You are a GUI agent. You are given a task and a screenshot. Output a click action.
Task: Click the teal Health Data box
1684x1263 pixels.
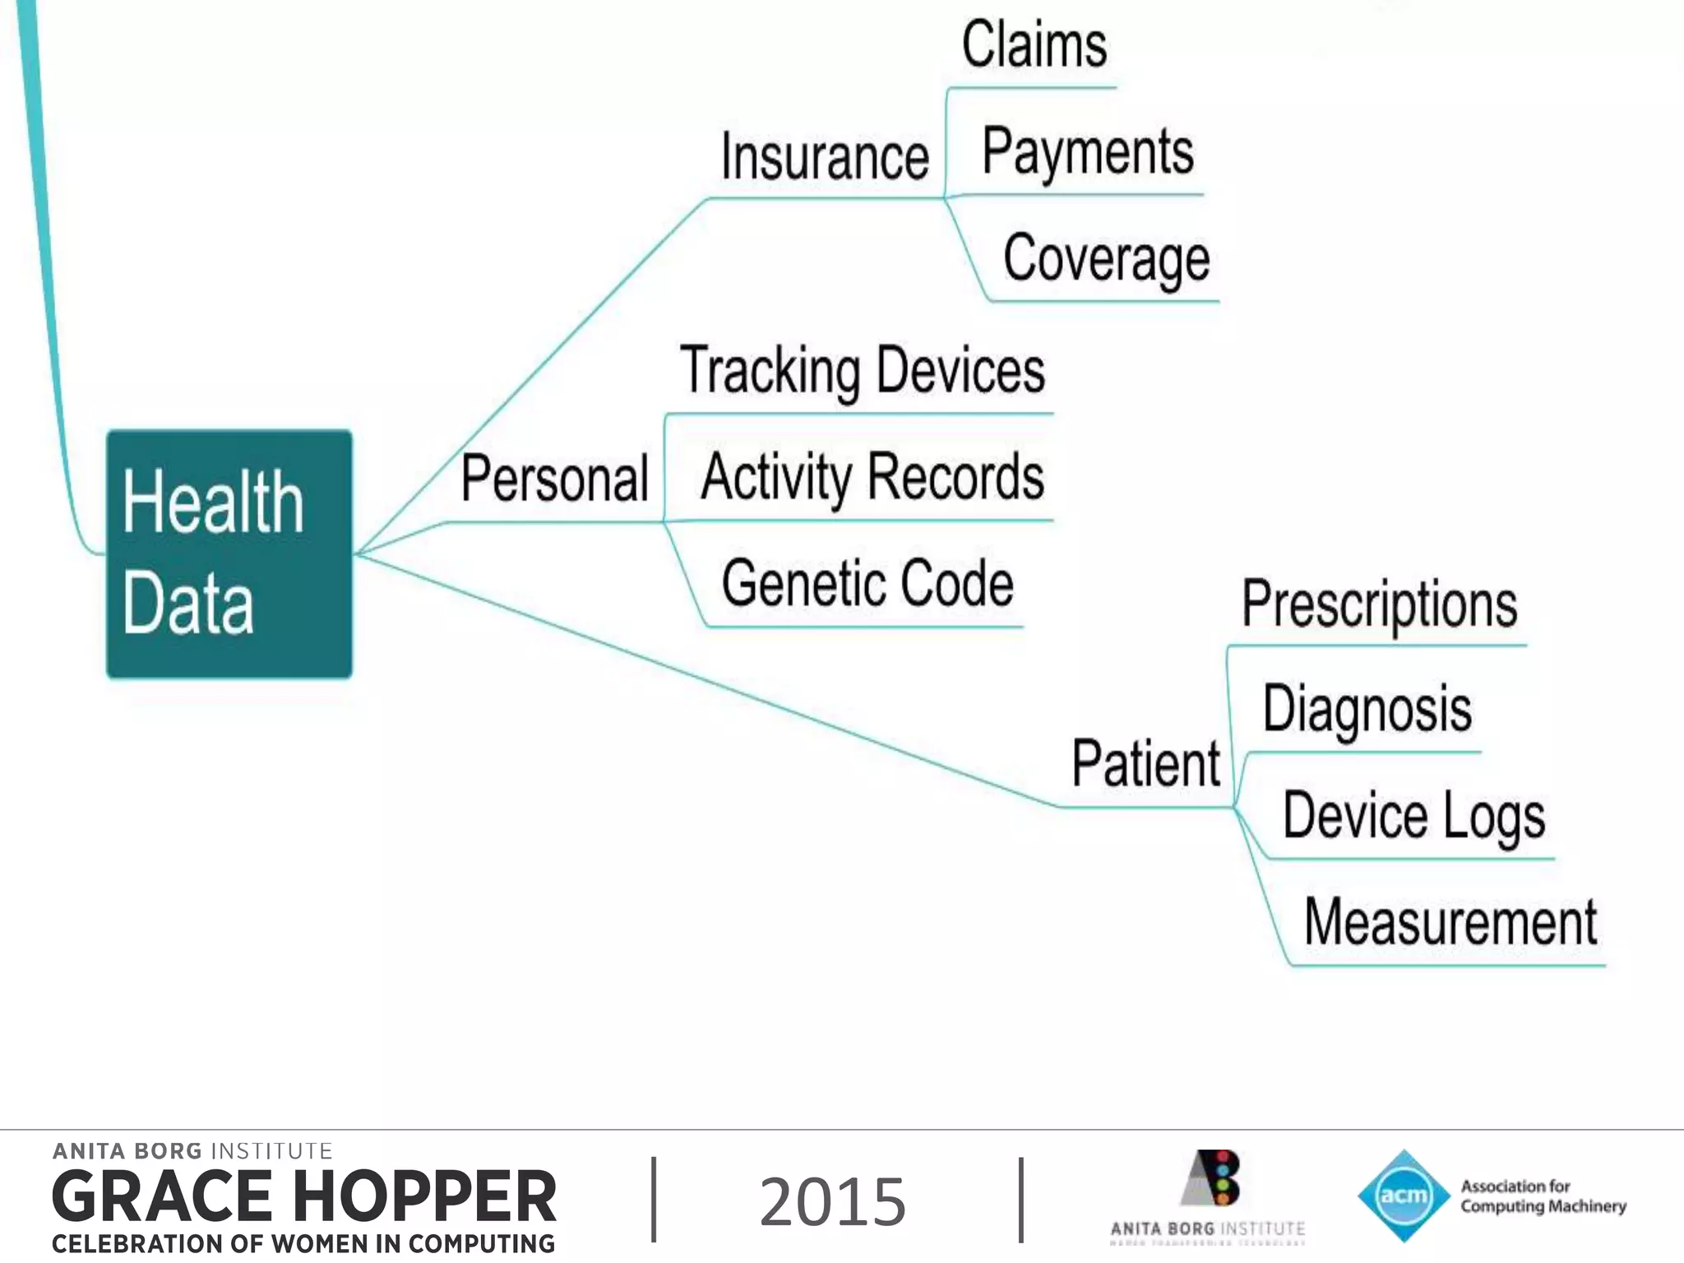coord(229,553)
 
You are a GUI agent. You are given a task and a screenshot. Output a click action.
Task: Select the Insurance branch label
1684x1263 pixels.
coord(825,157)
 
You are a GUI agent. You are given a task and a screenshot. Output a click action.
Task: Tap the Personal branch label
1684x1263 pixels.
coord(555,479)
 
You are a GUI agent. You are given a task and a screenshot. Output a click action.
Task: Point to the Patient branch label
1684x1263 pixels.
coord(1146,764)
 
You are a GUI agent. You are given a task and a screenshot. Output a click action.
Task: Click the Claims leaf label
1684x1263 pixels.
coord(1034,45)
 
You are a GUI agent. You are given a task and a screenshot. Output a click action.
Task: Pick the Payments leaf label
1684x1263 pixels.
coord(1088,152)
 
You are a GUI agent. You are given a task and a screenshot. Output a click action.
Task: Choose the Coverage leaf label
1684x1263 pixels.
coord(1106,259)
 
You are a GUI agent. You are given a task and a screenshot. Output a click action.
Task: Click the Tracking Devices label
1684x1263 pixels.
coord(863,372)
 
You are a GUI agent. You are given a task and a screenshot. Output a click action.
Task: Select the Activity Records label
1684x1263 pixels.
coord(872,478)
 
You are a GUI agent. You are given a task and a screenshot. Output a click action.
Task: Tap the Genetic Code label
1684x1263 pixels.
coord(867,584)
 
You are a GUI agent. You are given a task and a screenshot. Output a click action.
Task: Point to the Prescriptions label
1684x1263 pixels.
coord(1379,605)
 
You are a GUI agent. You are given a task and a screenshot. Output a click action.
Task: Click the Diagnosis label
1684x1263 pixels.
coord(1367,710)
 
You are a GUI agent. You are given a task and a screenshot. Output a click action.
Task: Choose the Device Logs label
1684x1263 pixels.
coord(1413,817)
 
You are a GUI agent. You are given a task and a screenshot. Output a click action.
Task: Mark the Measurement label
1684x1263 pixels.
coord(1450,923)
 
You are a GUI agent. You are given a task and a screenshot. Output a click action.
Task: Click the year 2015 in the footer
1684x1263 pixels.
coord(832,1202)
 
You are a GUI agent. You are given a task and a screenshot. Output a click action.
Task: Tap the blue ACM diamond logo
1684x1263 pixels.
coord(1404,1196)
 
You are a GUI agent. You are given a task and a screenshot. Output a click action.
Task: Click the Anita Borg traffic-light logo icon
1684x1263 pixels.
coord(1212,1177)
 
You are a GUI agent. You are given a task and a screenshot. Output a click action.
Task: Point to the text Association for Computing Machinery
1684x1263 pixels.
coord(1543,1196)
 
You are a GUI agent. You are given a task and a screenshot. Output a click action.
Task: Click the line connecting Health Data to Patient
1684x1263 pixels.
coord(707,681)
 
